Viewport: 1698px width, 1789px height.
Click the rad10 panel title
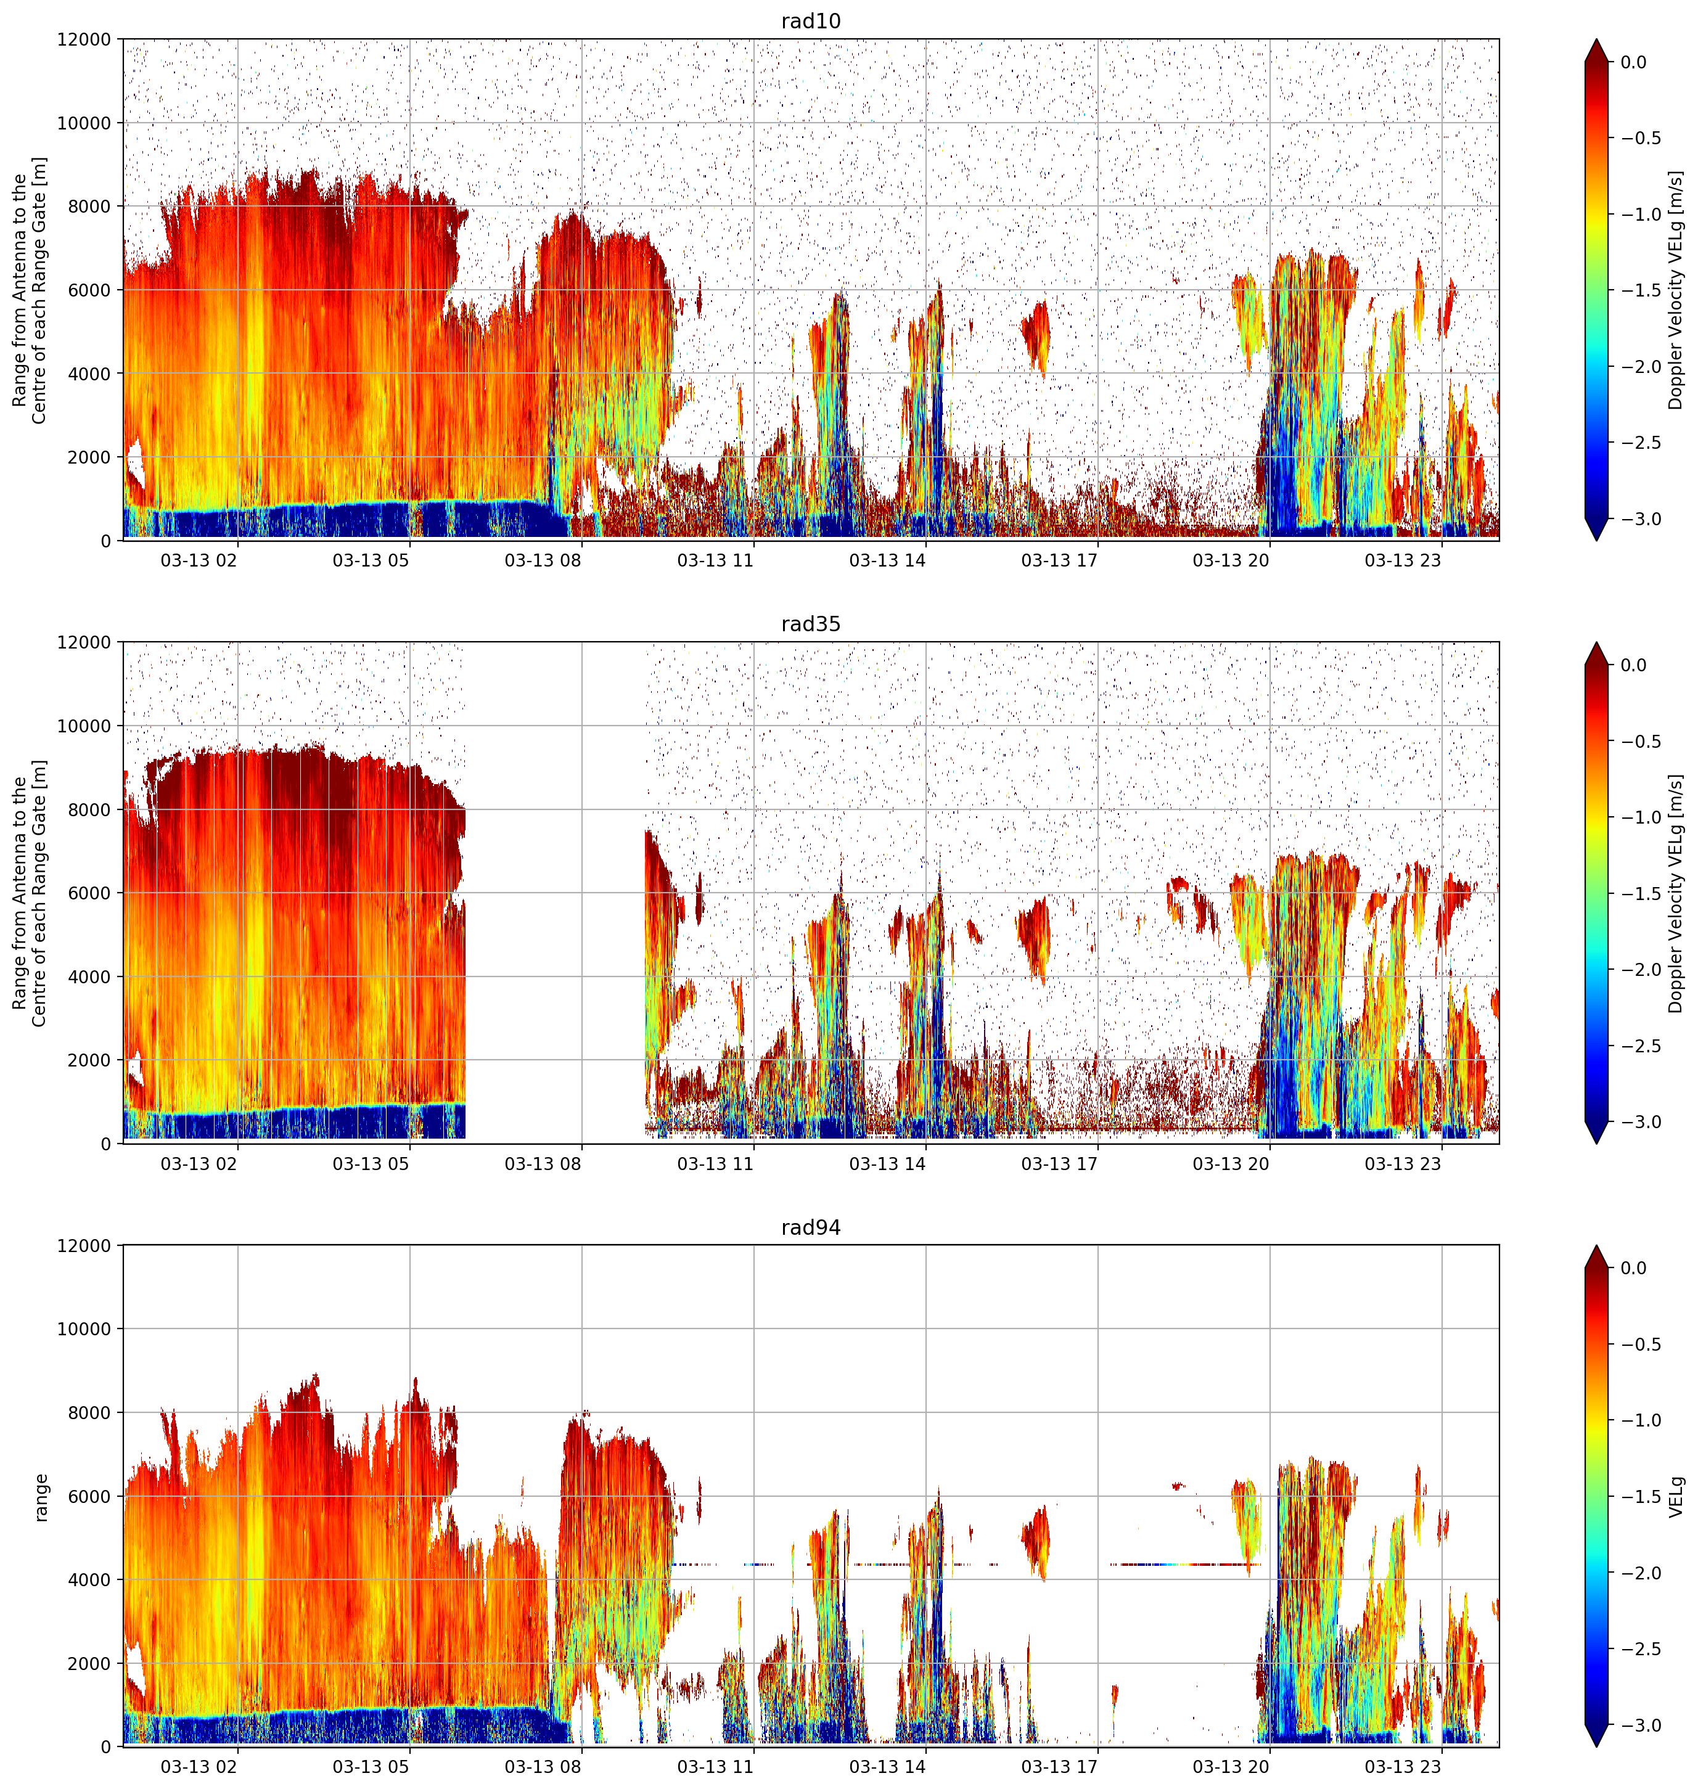(x=811, y=21)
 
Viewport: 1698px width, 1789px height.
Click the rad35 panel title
(x=811, y=623)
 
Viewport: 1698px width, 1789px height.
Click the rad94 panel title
(x=811, y=1227)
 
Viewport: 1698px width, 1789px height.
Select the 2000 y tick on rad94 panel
(x=89, y=1663)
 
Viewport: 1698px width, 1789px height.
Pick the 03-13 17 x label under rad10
(x=1059, y=560)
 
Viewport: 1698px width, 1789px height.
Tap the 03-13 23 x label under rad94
(x=1403, y=1766)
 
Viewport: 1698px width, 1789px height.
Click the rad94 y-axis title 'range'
(x=40, y=1497)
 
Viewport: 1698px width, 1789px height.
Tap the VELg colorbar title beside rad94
(x=1677, y=1497)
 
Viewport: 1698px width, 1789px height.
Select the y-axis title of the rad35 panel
(x=29, y=893)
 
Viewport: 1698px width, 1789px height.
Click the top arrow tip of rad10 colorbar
(x=1597, y=39)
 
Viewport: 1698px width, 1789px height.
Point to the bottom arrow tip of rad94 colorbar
(x=1597, y=1747)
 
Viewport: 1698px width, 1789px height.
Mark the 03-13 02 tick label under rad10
(x=199, y=560)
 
